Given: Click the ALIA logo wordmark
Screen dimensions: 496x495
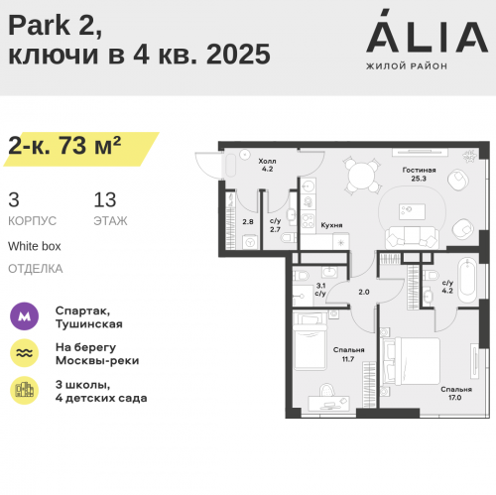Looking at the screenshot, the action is click(427, 32).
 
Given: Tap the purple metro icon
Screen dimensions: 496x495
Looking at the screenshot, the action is click(24, 316).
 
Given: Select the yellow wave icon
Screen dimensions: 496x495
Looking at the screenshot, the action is click(24, 353).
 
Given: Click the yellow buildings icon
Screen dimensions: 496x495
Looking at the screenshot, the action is click(24, 390).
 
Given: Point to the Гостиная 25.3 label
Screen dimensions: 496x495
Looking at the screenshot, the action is click(419, 175).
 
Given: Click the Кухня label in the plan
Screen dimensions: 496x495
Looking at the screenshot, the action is click(331, 225).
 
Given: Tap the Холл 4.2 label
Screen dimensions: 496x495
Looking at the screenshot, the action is click(267, 165).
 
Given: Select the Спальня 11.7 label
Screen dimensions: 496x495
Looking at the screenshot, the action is click(348, 354).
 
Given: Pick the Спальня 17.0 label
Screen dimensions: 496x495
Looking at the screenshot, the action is click(456, 393).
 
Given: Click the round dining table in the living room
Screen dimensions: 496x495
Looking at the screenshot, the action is click(362, 176).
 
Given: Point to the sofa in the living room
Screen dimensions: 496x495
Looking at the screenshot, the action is click(412, 237).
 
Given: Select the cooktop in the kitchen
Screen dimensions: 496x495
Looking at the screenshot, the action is click(308, 221).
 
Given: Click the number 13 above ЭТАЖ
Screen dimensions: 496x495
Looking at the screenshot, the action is click(105, 199).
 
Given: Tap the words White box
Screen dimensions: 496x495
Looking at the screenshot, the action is click(35, 246).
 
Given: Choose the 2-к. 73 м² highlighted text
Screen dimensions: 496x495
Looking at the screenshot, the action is click(64, 146).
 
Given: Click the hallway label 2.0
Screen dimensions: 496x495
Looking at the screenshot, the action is click(364, 292).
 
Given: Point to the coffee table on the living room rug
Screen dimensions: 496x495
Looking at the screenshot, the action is click(412, 211).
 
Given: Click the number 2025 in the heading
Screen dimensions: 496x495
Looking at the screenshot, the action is click(238, 55).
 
